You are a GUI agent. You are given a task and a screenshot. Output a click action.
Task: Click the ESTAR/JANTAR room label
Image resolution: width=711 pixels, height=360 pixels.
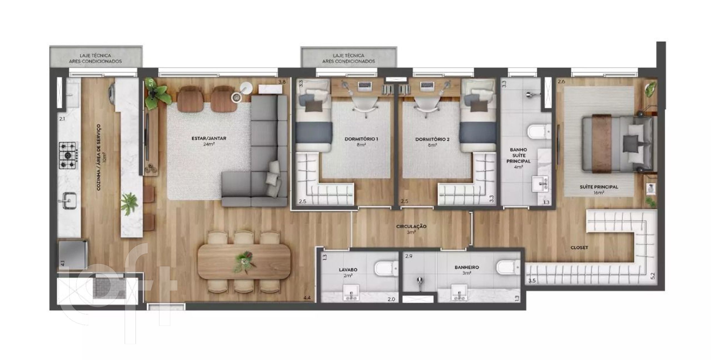[x=209, y=138]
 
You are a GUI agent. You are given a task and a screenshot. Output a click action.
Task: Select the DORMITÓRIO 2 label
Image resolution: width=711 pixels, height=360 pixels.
[x=432, y=139]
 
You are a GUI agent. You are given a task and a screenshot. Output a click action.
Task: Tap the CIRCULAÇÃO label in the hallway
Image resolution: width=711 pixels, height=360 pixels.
[x=411, y=227]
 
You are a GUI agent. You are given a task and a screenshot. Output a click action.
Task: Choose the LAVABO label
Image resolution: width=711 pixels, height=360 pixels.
[x=348, y=270]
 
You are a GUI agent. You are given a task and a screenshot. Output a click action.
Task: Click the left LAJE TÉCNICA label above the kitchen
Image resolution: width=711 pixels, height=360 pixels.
[x=95, y=58]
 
